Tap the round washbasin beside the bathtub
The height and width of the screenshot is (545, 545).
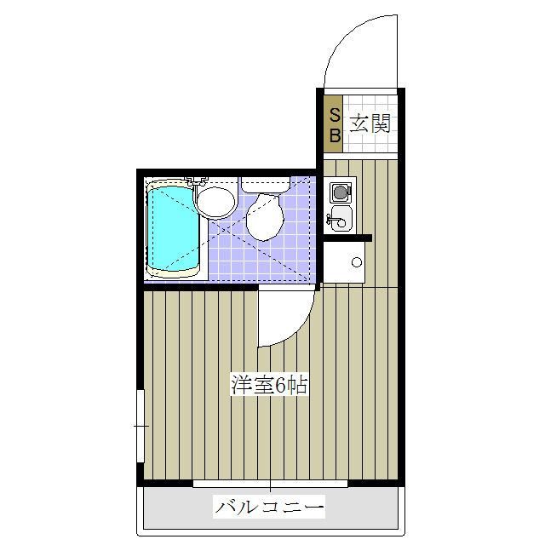(215, 203)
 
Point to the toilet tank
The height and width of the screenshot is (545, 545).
(265, 181)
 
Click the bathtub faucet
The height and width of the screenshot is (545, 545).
(197, 181)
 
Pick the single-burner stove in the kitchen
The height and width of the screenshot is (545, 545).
(340, 191)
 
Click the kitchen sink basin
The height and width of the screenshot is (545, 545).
(340, 218)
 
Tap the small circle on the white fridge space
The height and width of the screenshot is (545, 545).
(356, 261)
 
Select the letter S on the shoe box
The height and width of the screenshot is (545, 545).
(335, 114)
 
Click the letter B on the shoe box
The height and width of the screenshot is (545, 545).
(335, 134)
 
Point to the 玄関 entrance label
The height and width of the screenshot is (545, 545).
(370, 123)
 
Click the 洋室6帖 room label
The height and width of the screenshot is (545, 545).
(268, 384)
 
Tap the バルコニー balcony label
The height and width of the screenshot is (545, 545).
(269, 508)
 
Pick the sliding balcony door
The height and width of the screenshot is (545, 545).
(270, 484)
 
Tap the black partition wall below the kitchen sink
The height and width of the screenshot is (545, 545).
(347, 238)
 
